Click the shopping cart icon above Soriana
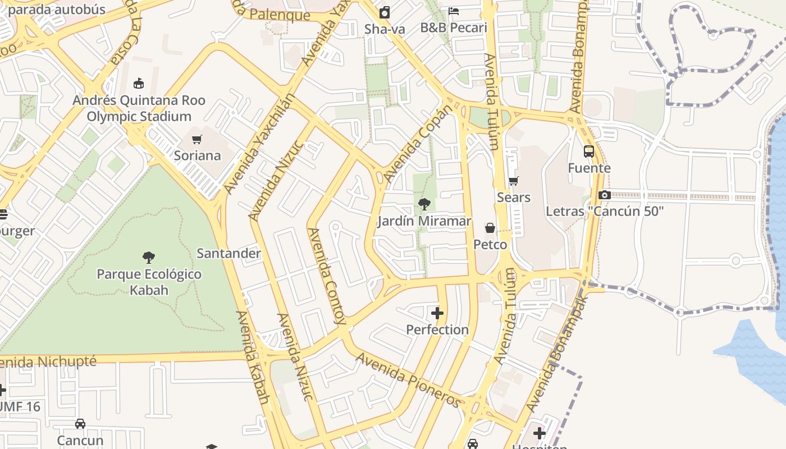click(196, 139)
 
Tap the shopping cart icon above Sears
click(513, 181)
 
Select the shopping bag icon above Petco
click(490, 228)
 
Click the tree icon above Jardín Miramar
click(424, 204)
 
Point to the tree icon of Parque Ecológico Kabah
click(149, 258)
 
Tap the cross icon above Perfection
click(437, 313)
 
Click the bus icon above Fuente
click(588, 152)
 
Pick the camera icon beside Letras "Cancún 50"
click(605, 195)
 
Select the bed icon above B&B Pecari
click(454, 11)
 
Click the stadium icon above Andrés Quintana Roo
click(139, 84)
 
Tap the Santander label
click(229, 253)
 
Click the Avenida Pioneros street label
click(408, 380)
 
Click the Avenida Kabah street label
click(253, 358)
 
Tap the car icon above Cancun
click(80, 424)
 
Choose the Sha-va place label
click(385, 29)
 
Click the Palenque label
click(280, 14)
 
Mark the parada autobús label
click(57, 9)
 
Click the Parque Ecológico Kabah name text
click(149, 282)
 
